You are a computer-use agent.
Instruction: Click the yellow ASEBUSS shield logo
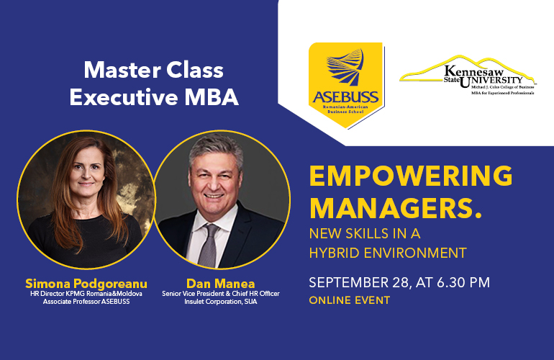346,85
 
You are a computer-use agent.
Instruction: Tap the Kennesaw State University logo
468,76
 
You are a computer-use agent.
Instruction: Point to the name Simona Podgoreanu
86,284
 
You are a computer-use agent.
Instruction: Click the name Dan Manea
220,284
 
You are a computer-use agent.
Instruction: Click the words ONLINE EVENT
350,300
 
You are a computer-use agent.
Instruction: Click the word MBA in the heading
212,97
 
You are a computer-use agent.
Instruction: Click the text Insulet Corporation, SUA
220,302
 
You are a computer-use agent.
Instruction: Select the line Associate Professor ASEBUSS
86,302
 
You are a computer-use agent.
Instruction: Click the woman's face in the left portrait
86,170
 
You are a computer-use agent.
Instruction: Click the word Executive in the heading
124,97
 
